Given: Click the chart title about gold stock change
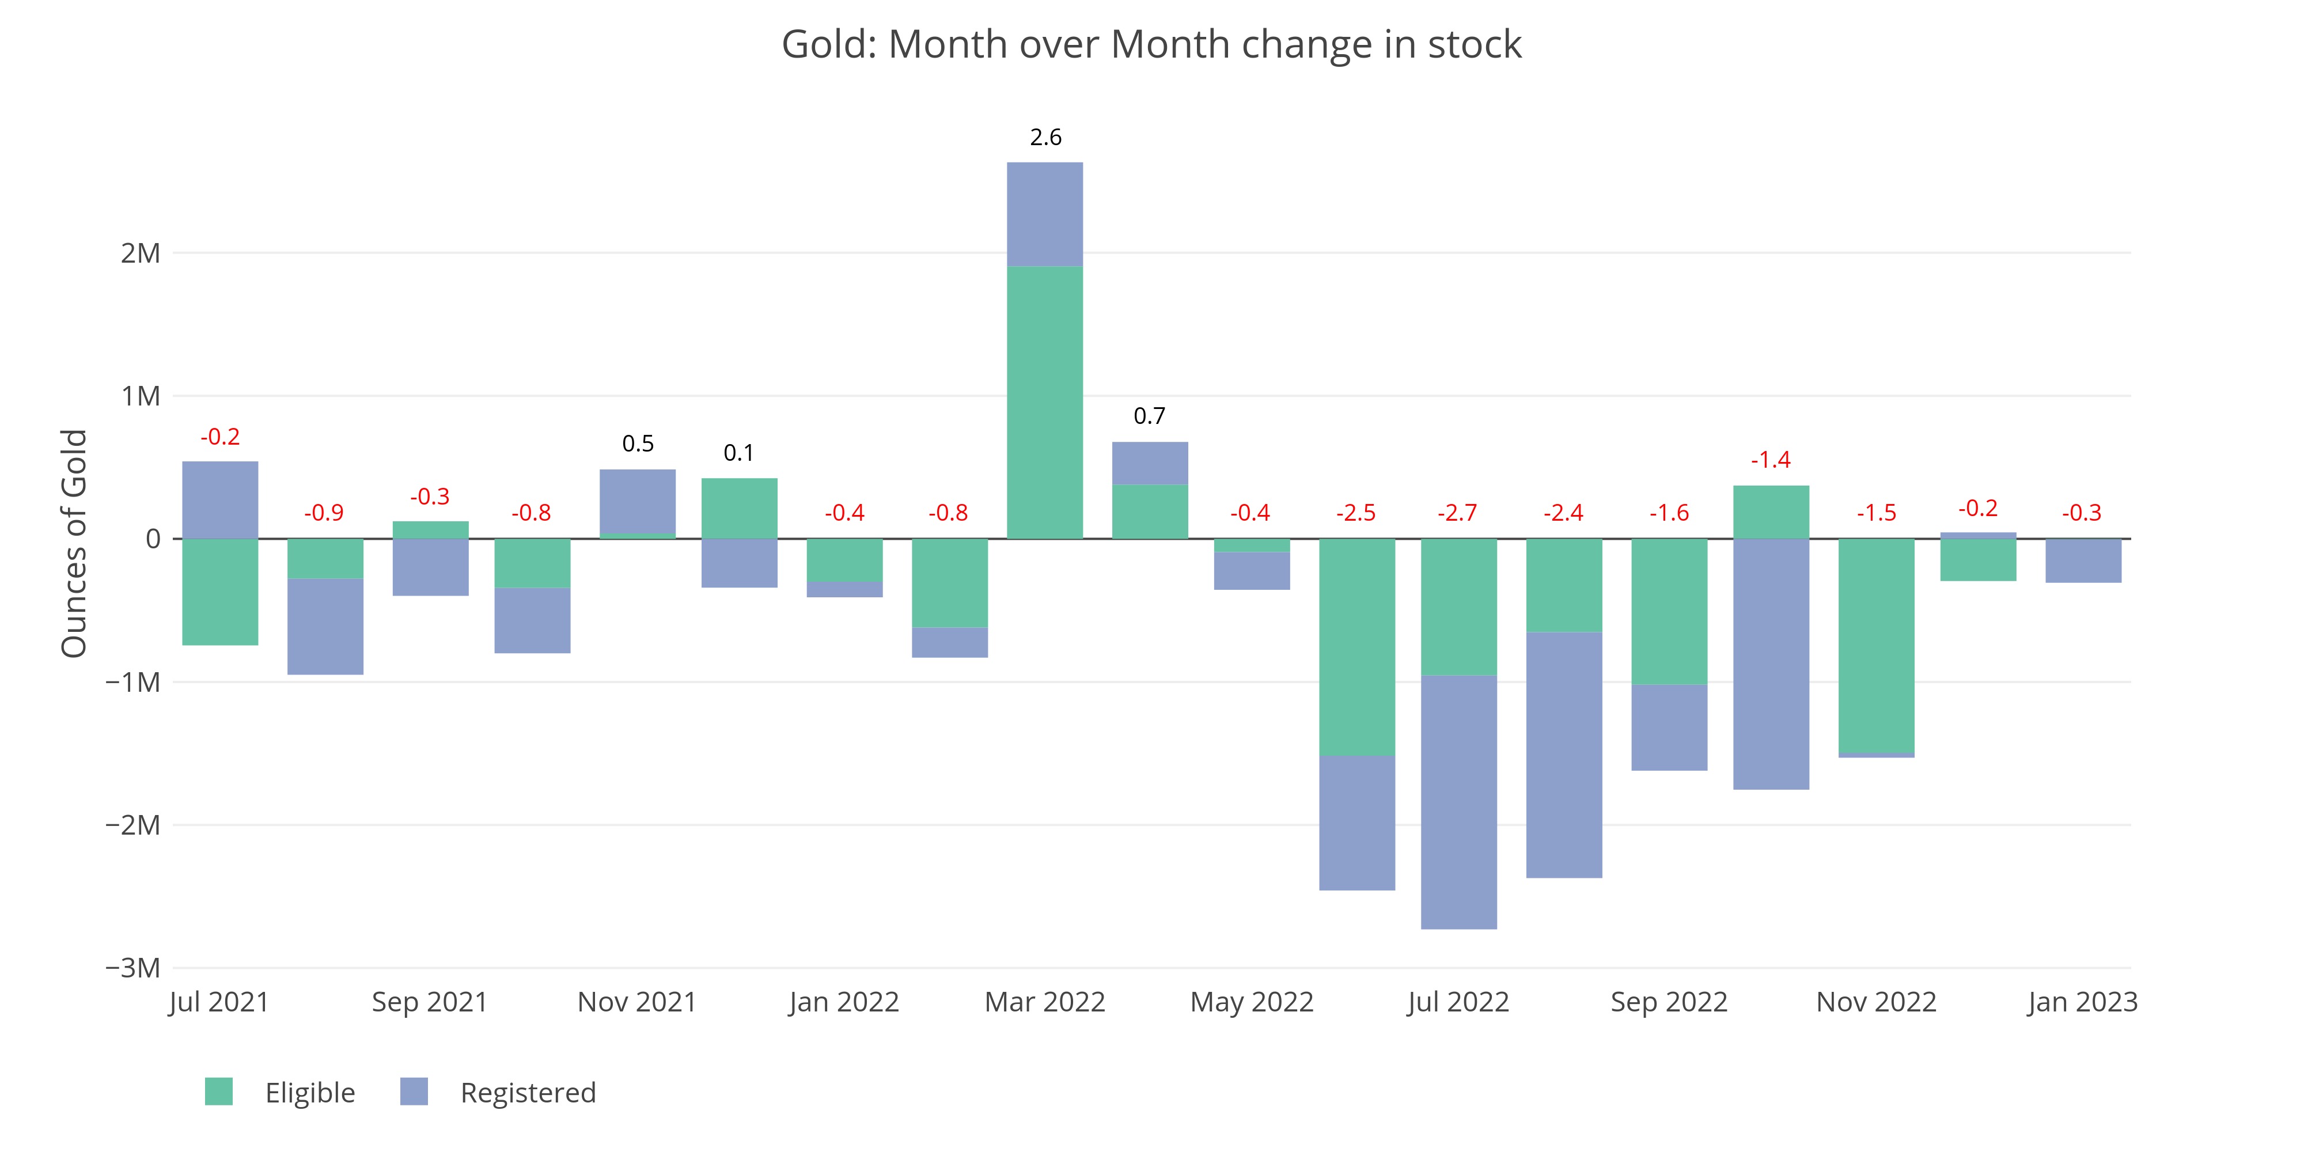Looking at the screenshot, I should pos(1151,45).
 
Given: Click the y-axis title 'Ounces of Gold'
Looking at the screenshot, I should pos(74,544).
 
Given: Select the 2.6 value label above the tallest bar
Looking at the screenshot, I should pos(1045,137).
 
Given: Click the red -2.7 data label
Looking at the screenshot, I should pos(1458,513).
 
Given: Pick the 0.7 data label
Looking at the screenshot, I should pos(1149,416).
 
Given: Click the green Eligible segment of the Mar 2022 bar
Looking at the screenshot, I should pos(1045,403).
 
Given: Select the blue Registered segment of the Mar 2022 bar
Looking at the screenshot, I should pos(1045,215).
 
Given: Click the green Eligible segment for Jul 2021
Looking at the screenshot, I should pos(220,591).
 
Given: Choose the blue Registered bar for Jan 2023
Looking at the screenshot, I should pos(2083,561).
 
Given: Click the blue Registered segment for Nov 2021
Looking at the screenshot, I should pos(638,501).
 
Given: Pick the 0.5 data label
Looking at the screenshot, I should pos(638,444).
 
